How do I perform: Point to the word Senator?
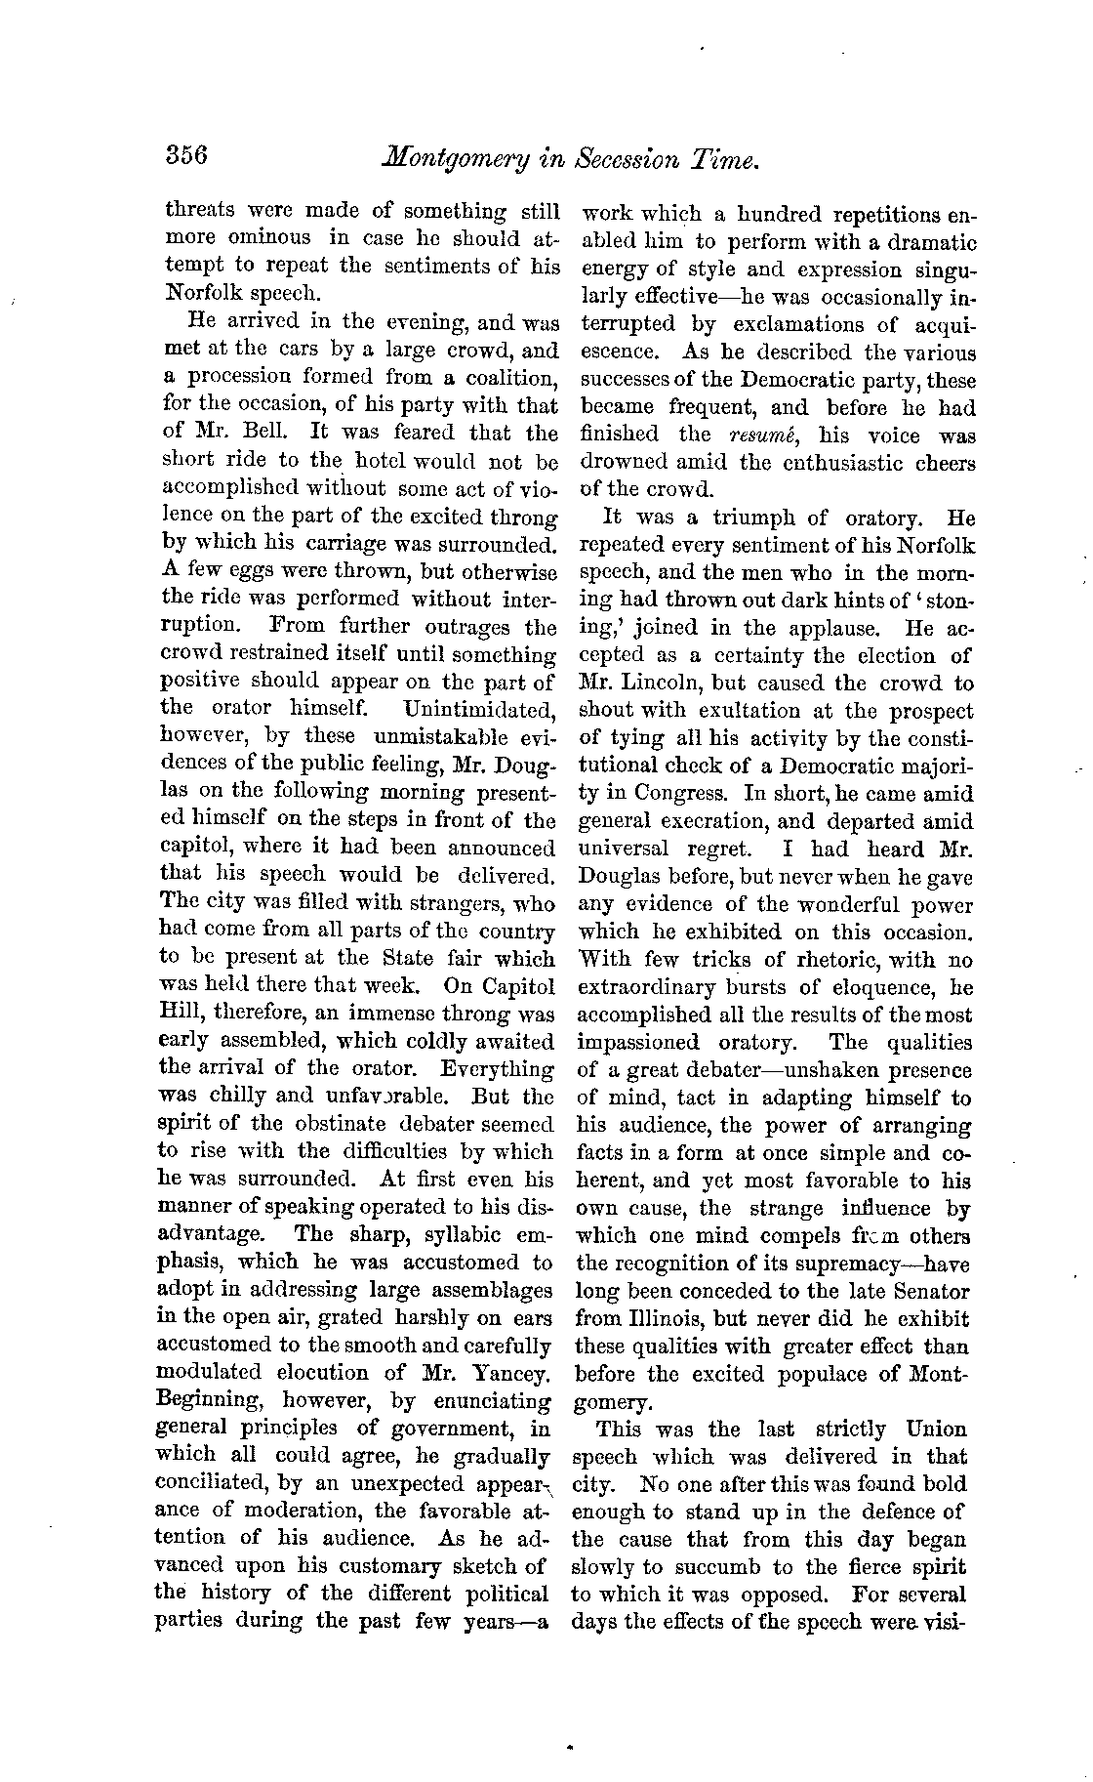931,1292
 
